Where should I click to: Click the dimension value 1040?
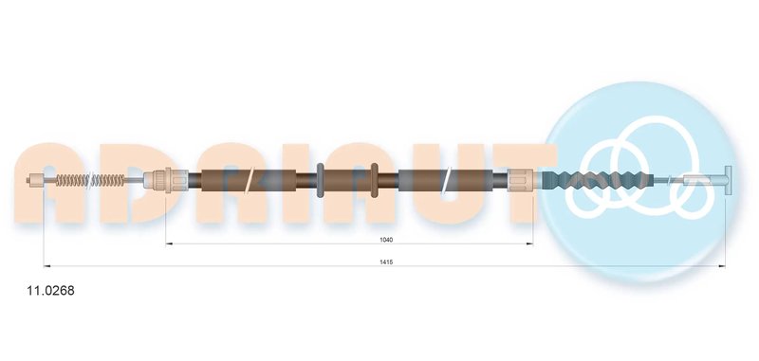click(386, 240)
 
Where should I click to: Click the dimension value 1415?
click(386, 262)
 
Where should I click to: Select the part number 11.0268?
click(50, 291)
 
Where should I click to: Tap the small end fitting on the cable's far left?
click(35, 180)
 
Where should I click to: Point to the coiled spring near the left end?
click(90, 180)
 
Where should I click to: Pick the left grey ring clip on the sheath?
click(320, 180)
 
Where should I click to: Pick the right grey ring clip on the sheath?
click(374, 180)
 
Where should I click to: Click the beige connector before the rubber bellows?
click(522, 180)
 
